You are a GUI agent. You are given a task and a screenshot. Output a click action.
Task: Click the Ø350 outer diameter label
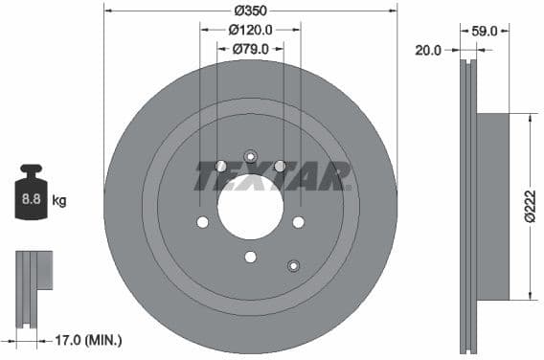tap(251, 11)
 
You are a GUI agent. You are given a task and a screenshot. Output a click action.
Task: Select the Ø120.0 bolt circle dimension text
tap(251, 30)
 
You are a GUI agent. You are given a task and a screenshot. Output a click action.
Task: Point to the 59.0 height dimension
tap(486, 31)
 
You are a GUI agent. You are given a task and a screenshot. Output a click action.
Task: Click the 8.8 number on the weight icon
tap(31, 201)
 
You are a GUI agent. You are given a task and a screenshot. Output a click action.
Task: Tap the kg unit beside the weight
tap(59, 201)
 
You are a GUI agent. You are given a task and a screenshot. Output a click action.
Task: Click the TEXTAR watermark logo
tap(273, 176)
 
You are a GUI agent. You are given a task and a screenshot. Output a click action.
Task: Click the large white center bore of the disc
tap(250, 207)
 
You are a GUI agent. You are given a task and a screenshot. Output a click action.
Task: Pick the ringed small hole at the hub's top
tap(251, 157)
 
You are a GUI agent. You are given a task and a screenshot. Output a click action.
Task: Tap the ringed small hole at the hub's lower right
tap(293, 266)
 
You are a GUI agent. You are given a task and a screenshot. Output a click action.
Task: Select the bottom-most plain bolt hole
tap(250, 256)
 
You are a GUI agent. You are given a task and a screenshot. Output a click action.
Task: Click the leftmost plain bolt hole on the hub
tap(202, 222)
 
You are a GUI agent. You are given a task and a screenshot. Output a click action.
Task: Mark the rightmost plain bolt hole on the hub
tap(298, 222)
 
